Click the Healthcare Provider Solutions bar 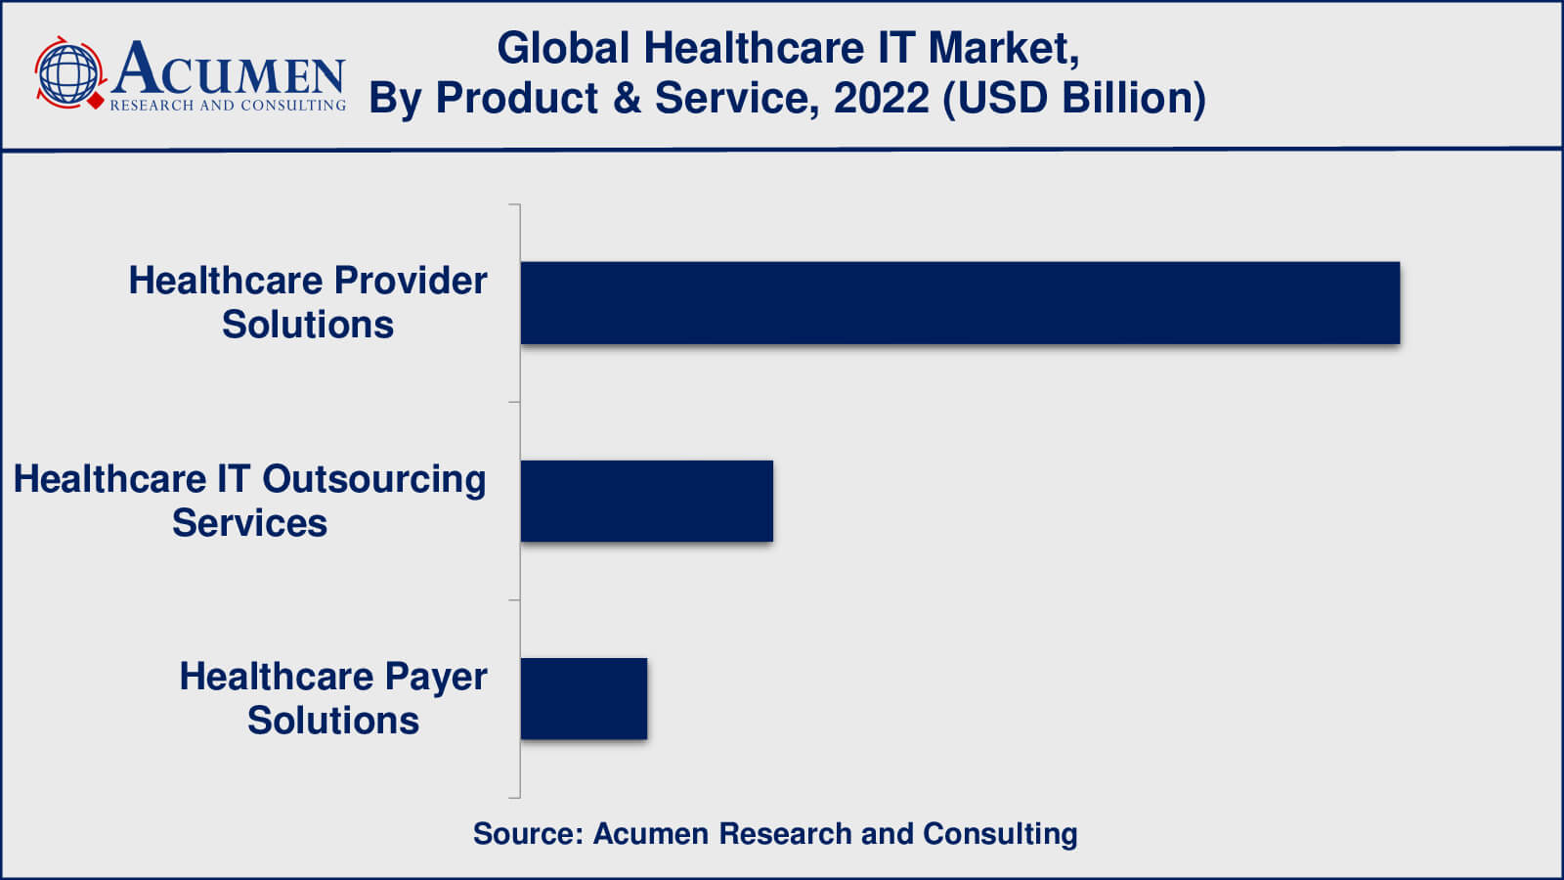point(960,303)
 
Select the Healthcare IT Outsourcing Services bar point(646,501)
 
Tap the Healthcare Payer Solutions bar point(584,698)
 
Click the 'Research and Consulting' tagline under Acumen point(228,105)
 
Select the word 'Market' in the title point(1004,48)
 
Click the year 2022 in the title point(881,98)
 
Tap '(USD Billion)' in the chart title point(1074,98)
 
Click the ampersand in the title point(627,98)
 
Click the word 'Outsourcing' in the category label point(373,479)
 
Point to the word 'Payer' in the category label point(436,677)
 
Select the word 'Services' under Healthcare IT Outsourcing point(249,523)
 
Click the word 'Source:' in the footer point(528,833)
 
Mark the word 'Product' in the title point(516,98)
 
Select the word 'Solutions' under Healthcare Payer point(332,721)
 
